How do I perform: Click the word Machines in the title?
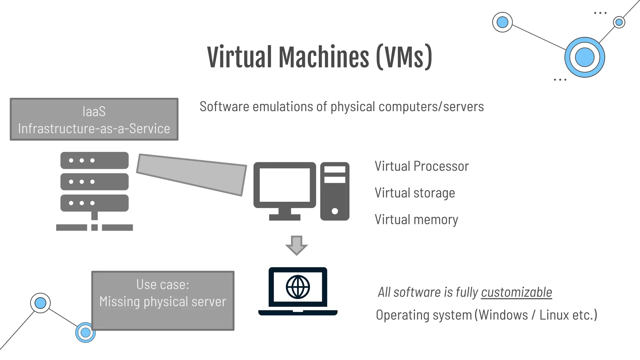tap(324, 57)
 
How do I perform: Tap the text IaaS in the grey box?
tap(94, 112)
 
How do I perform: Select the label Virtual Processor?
tap(422, 166)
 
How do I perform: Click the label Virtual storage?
tap(415, 193)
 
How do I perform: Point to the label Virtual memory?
tap(416, 219)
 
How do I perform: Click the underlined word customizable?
tap(516, 292)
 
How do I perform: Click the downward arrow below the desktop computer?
tap(297, 245)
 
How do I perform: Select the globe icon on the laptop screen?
tap(298, 287)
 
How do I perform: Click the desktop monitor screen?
tap(285, 185)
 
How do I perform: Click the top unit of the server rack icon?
tap(94, 160)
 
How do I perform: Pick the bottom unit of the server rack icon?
tap(94, 203)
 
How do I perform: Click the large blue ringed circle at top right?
tap(584, 57)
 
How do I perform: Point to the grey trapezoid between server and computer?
tap(191, 174)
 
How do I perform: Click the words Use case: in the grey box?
tap(162, 285)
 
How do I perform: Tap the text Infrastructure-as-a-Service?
tap(94, 129)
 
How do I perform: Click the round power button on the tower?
tap(335, 211)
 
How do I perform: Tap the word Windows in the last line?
tap(503, 315)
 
